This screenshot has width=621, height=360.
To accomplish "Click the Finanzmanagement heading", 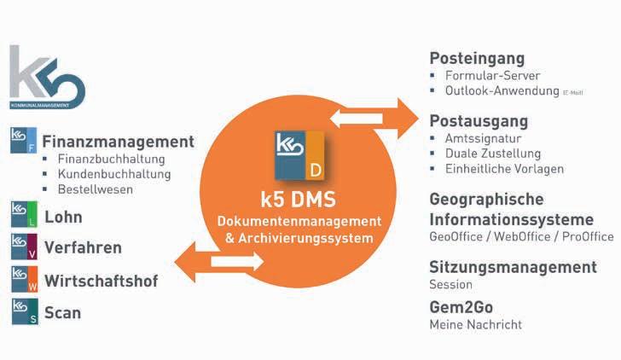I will tap(118, 142).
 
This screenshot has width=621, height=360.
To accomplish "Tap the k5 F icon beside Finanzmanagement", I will tap(25, 141).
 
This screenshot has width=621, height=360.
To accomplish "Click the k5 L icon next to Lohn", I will tap(25, 215).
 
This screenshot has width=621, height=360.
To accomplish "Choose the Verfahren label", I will tap(83, 248).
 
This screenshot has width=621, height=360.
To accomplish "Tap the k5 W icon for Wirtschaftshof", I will tap(25, 280).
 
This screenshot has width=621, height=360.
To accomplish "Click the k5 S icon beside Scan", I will tap(25, 312).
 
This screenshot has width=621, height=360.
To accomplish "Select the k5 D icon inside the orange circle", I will tap(299, 155).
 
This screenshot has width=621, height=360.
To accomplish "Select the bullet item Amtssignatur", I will tap(482, 138).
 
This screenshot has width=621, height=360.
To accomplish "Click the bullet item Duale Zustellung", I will tap(493, 154).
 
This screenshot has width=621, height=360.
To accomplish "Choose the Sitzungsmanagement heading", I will tap(513, 267).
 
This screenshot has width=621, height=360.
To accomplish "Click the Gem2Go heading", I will tap(461, 307).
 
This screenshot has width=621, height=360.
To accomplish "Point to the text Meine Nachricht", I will tap(475, 324).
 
